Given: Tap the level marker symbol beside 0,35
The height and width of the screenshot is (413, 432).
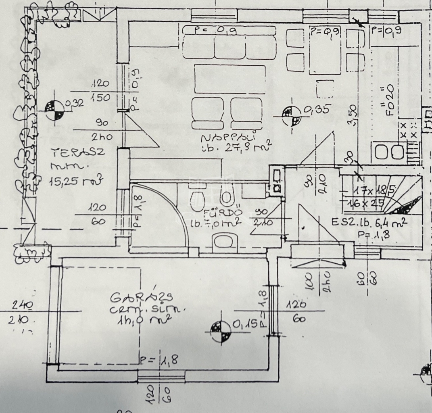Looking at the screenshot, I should pos(291,116).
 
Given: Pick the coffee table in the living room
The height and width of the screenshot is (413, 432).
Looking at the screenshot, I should pos(230,79).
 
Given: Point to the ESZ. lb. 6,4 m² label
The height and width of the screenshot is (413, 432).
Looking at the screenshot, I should pos(369,221).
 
